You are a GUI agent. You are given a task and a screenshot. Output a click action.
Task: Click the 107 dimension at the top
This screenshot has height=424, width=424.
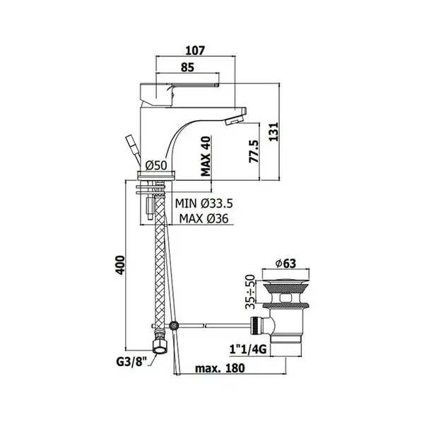tap(196, 51)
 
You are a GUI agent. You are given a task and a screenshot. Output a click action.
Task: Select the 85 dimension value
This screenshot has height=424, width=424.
tap(187, 67)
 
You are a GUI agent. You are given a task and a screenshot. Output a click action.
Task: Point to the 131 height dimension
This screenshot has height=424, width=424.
tap(273, 131)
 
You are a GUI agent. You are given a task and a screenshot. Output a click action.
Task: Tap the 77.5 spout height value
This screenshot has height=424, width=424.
tap(254, 151)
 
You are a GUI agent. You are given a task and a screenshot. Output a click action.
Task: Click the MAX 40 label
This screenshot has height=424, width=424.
tap(206, 156)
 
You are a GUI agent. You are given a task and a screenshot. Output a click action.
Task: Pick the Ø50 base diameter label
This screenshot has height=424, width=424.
tap(156, 165)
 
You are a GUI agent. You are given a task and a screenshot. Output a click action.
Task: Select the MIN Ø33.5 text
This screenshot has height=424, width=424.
tap(204, 204)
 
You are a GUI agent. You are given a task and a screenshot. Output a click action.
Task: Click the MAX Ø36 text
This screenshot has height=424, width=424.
tap(204, 218)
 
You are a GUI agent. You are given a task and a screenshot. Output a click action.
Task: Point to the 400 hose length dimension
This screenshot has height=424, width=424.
tap(121, 265)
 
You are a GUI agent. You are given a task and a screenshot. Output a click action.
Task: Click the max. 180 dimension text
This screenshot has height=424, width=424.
tap(220, 367)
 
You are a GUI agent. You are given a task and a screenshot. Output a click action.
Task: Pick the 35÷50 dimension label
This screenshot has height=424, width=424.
tap(250, 292)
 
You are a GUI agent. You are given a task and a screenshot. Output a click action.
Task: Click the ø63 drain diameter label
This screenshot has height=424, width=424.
tap(285, 263)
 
